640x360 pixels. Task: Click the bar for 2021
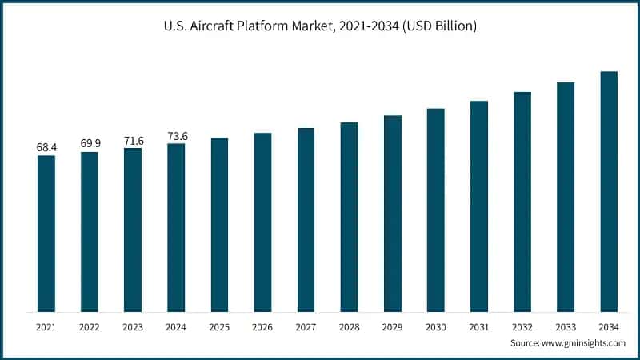click(46, 234)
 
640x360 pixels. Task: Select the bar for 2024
click(176, 228)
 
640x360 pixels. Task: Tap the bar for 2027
click(306, 220)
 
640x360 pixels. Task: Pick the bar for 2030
click(435, 210)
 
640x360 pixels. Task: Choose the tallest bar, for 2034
click(608, 192)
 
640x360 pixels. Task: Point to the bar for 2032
click(522, 202)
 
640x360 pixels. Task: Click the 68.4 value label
click(46, 147)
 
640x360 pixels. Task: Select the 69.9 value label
click(90, 143)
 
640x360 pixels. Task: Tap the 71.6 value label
click(133, 140)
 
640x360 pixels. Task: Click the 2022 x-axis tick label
click(90, 326)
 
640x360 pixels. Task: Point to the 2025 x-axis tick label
click(219, 326)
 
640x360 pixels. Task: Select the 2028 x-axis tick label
click(349, 326)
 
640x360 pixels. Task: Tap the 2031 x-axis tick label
click(478, 326)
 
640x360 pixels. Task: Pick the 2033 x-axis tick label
click(565, 326)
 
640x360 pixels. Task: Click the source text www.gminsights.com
click(583, 342)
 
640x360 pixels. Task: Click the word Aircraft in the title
click(215, 26)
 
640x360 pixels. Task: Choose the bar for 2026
click(262, 222)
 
